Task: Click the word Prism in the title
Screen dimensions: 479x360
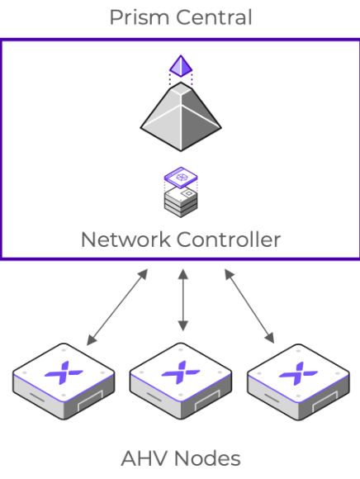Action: click(x=136, y=17)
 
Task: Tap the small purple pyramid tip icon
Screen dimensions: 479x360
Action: click(x=180, y=64)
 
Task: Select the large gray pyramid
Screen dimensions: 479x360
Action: click(x=180, y=116)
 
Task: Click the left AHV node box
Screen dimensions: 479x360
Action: click(x=62, y=380)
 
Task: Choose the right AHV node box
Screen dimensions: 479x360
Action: click(x=296, y=380)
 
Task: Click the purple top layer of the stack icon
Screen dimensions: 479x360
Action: click(x=180, y=177)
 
